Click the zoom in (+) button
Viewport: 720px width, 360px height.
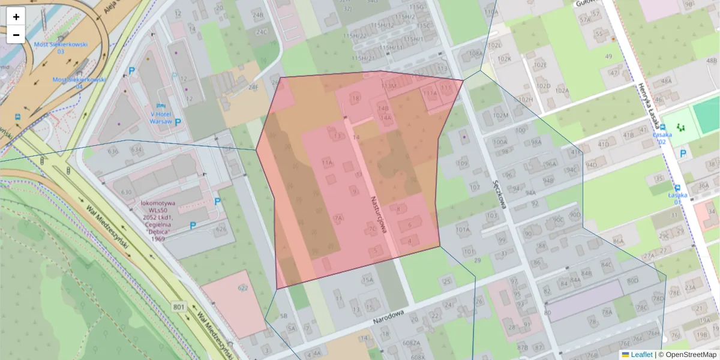(16, 17)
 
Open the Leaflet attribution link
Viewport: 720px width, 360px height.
(641, 355)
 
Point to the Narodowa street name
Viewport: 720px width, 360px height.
(388, 317)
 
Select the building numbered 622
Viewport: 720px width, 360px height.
(243, 288)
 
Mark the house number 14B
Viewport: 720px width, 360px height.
(383, 108)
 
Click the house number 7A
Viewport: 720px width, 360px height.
(338, 218)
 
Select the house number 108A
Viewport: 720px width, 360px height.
(475, 53)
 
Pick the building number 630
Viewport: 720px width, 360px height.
(125, 192)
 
